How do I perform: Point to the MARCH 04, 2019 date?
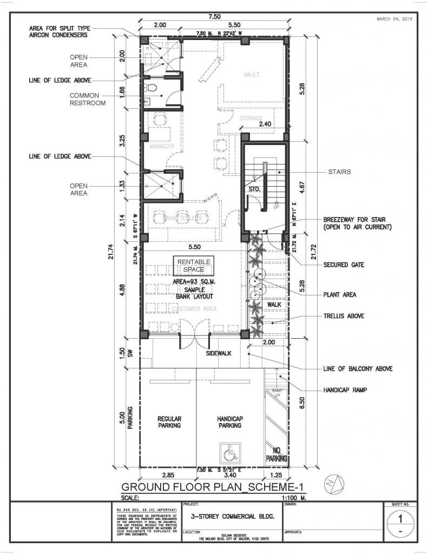[x=394, y=19]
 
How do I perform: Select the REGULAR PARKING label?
[x=169, y=422]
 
